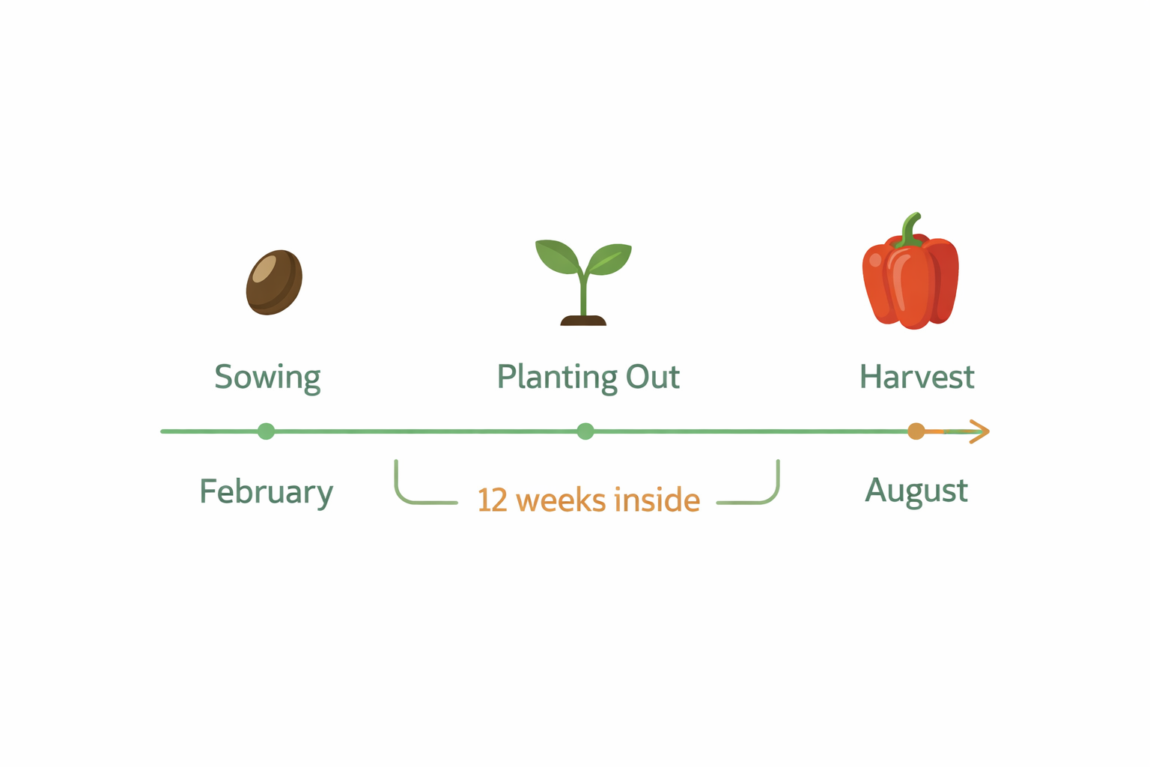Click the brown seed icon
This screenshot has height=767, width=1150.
tap(274, 282)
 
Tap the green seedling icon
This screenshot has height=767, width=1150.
tap(583, 282)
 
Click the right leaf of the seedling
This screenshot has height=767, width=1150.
tap(609, 258)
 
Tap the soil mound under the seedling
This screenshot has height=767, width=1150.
tap(583, 321)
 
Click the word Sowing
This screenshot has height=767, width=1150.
tap(267, 378)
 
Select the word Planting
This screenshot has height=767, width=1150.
tap(557, 378)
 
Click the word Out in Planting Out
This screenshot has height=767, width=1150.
tap(653, 377)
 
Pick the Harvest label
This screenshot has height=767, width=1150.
tap(917, 377)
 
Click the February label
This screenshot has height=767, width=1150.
tap(267, 492)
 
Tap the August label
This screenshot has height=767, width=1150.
tap(916, 491)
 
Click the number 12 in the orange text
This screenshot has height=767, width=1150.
tap(493, 500)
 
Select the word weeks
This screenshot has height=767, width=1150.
tap(562, 500)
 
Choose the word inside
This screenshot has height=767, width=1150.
tap(657, 500)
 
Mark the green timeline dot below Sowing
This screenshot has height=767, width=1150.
tap(266, 431)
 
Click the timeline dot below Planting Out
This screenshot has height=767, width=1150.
tap(585, 431)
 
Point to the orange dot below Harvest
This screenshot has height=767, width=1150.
tap(916, 431)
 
